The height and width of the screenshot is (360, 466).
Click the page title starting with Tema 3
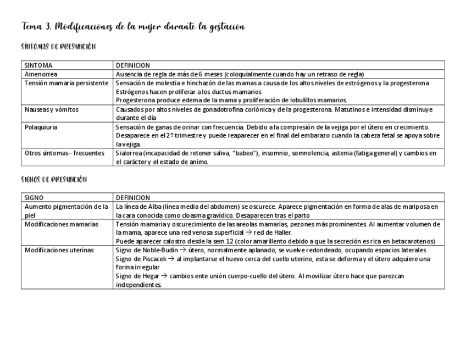[133, 26]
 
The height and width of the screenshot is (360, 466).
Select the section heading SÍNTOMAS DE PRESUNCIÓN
[59, 47]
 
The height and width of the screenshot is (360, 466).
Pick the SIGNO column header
[34, 197]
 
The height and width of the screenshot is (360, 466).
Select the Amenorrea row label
[41, 74]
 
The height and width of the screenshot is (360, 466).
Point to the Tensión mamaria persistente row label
[66, 83]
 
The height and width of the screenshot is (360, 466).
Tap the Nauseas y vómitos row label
[52, 109]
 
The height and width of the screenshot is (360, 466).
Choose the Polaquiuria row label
[41, 127]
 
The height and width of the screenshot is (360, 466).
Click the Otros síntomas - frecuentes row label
[64, 153]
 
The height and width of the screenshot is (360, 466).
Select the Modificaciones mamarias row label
[62, 224]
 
